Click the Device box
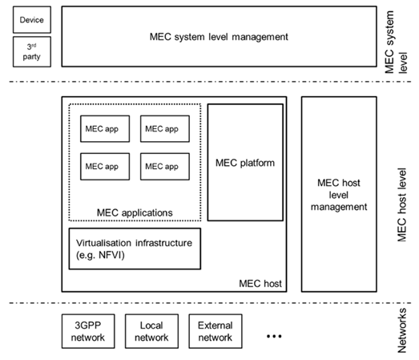(32, 20)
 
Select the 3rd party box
(32, 51)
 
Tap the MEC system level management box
(220, 37)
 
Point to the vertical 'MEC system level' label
(396, 42)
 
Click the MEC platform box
(245, 162)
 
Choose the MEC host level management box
(339, 194)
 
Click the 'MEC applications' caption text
(135, 213)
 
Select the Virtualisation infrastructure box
(135, 249)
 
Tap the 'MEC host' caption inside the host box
(260, 284)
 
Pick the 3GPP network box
(88, 331)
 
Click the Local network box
(151, 331)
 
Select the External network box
(216, 331)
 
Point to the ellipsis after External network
(274, 336)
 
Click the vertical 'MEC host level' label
(402, 204)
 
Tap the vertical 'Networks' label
(402, 330)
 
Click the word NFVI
(109, 255)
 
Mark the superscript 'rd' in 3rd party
(34, 45)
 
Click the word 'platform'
(257, 163)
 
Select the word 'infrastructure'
(163, 243)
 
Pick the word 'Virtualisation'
(103, 243)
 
